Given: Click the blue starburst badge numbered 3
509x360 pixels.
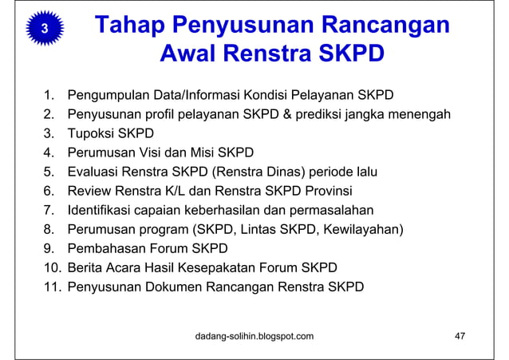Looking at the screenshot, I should point(45,29).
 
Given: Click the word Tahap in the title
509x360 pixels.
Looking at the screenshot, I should point(130,25).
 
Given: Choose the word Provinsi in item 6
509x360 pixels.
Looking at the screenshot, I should point(327,191).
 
